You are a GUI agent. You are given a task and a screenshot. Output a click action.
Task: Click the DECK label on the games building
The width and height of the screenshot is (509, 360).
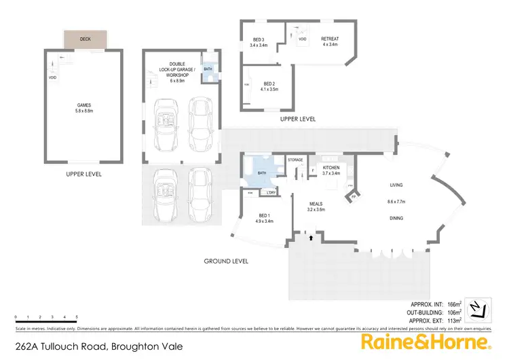coord(85,39)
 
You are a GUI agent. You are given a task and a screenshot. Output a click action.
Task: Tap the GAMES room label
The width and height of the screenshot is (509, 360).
coord(84,105)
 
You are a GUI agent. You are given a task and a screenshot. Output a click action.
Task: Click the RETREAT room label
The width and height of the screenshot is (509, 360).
coord(330,40)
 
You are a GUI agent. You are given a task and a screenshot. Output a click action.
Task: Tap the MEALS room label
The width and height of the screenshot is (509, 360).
coord(316,204)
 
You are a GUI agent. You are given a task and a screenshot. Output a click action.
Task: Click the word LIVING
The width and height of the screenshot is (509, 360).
coord(397,184)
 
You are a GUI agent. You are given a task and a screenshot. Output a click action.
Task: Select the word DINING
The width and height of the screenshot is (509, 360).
coord(397,218)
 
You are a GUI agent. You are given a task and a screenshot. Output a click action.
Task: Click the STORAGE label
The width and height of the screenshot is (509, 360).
coord(295,160)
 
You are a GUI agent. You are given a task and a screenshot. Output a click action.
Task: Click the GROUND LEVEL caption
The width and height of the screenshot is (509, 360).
coord(226,261)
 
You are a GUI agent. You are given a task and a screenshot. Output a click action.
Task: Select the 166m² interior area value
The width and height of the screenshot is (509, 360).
coord(454,304)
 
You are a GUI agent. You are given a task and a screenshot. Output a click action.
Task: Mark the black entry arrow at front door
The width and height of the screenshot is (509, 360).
coord(311,238)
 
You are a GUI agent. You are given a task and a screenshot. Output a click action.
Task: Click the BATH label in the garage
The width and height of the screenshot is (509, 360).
coord(208,69)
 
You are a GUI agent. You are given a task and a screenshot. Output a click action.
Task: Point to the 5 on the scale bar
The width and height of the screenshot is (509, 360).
coord(76,317)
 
